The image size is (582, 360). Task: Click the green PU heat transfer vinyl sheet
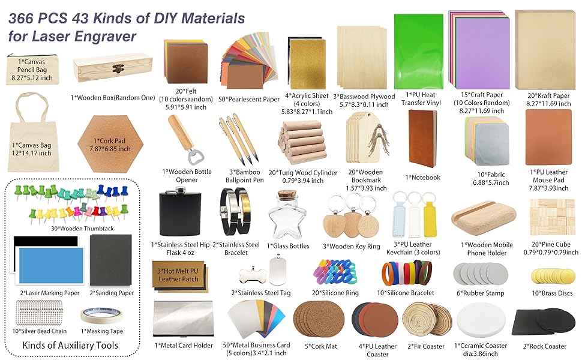click(x=418, y=52)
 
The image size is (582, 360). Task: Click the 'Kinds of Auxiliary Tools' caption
click(x=70, y=345)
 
